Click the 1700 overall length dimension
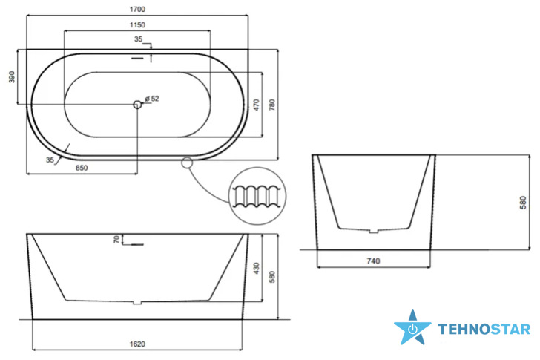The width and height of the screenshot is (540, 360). click(x=137, y=10)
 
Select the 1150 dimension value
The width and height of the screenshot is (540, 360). click(x=137, y=24)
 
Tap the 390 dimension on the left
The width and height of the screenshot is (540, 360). click(x=12, y=76)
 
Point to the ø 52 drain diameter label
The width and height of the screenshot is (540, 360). click(x=152, y=99)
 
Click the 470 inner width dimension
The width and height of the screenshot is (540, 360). click(x=256, y=105)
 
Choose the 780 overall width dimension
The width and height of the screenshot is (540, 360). click(x=272, y=105)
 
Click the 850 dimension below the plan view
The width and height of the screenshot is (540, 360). click(x=82, y=168)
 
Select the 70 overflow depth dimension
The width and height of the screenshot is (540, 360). click(x=117, y=239)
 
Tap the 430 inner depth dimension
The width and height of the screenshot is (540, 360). click(x=256, y=268)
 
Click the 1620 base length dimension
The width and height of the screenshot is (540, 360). click(x=137, y=344)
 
